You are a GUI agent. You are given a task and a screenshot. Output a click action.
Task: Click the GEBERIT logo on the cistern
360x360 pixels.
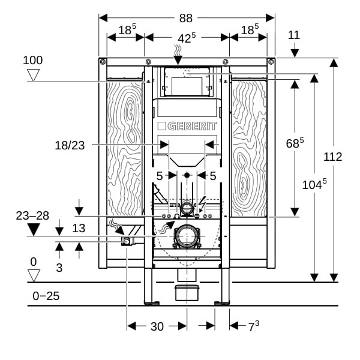187,127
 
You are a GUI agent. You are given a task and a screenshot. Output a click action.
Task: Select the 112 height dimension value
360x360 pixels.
332,157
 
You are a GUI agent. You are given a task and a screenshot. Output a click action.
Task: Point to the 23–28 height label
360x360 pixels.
32,215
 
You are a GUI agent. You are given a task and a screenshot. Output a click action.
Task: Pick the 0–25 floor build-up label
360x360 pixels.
46,296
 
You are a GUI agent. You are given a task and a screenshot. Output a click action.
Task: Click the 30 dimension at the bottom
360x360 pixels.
157,326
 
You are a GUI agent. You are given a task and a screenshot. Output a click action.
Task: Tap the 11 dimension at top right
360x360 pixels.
293,35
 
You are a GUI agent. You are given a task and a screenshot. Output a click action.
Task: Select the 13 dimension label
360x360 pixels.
79,228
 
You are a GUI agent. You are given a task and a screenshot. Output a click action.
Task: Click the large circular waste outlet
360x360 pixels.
187,236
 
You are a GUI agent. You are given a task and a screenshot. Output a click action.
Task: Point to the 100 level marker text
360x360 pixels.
33,60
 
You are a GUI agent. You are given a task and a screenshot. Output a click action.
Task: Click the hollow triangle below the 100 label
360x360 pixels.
34,75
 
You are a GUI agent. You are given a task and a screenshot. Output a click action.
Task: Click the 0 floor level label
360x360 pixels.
33,262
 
